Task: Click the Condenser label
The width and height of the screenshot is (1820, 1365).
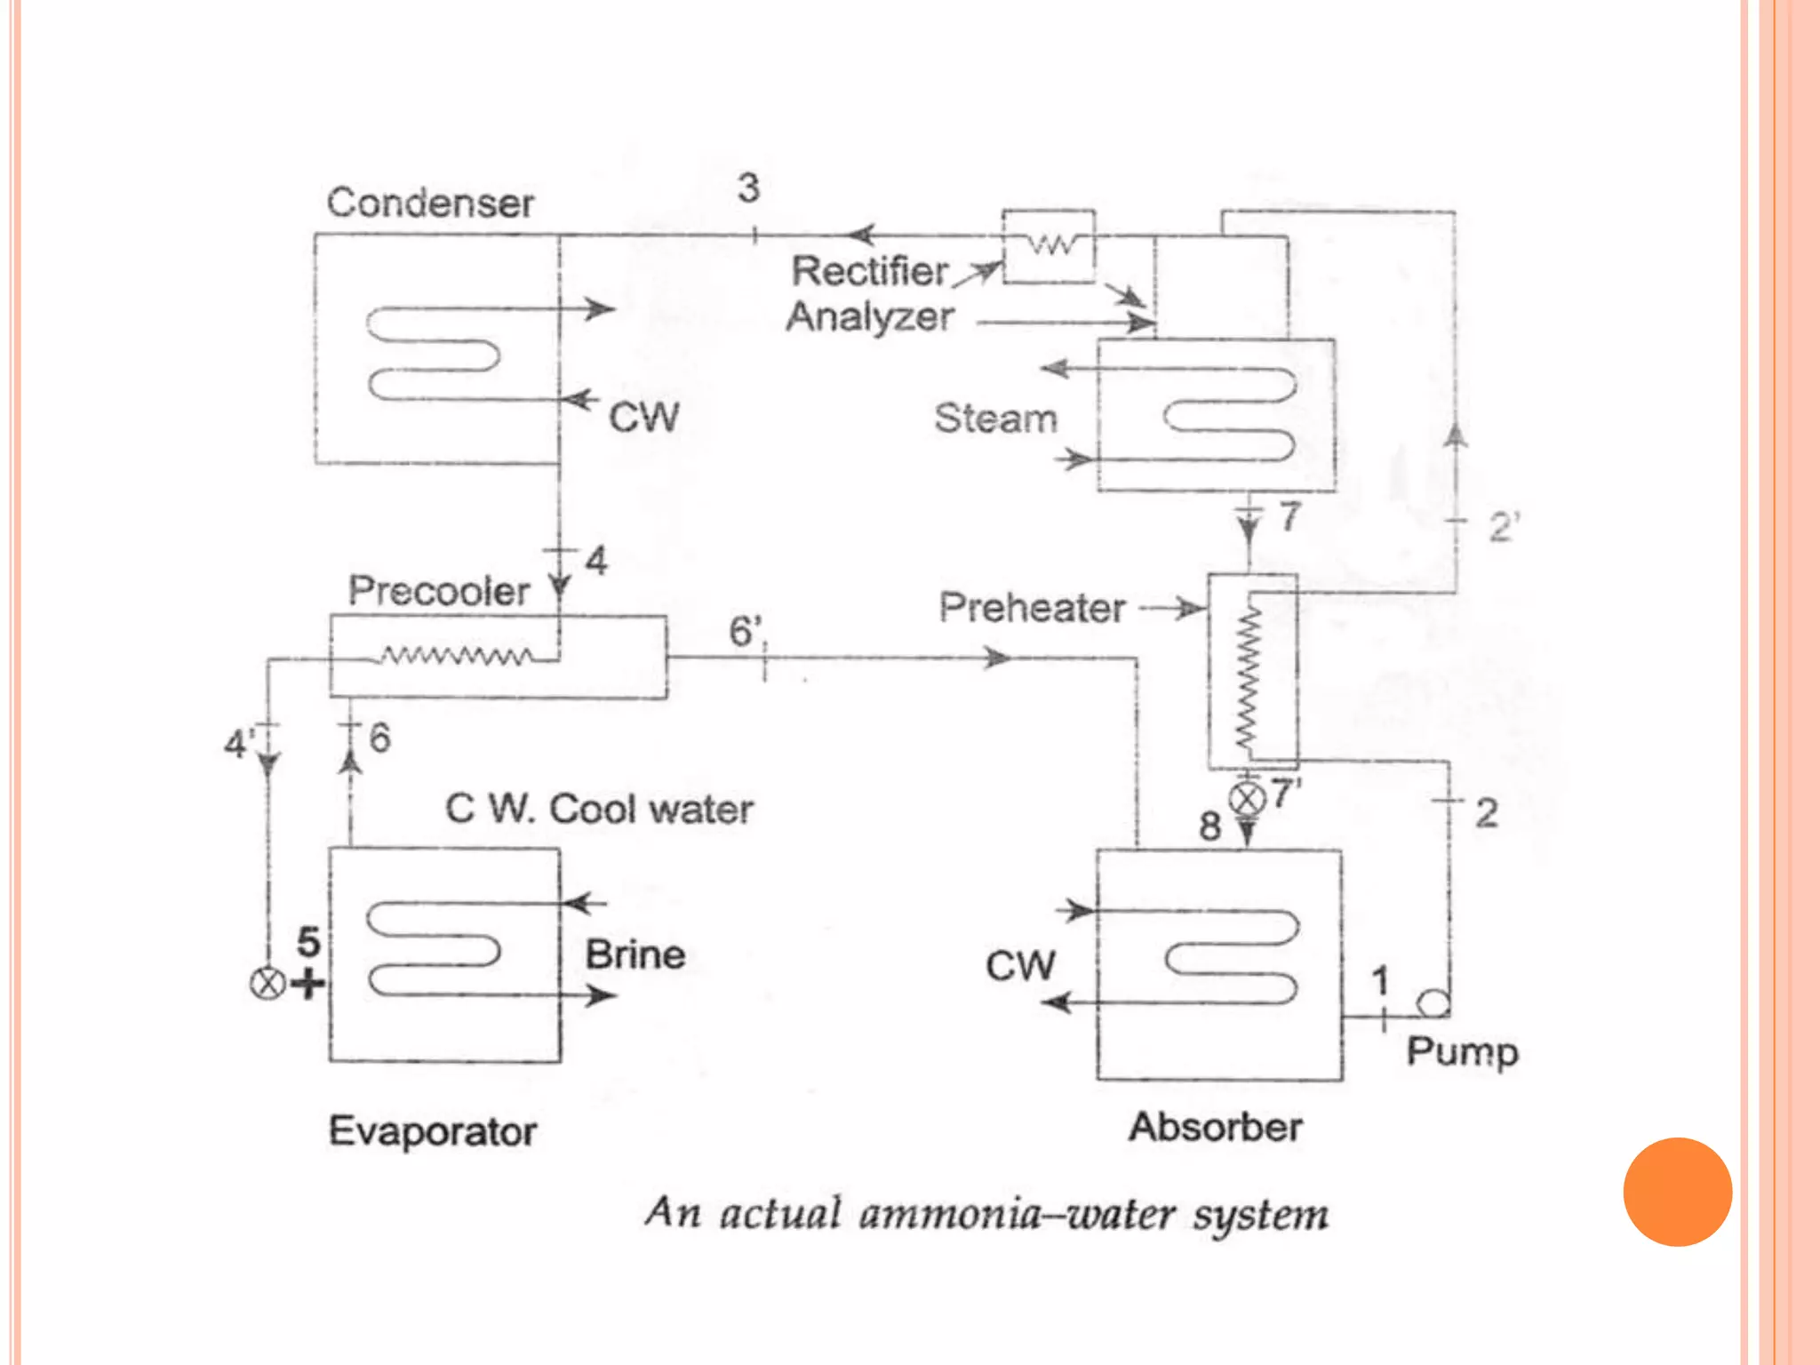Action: (x=430, y=204)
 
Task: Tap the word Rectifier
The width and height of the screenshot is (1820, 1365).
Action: (x=870, y=271)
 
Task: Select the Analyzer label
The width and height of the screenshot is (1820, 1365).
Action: (x=870, y=317)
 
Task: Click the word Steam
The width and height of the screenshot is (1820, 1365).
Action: (x=995, y=418)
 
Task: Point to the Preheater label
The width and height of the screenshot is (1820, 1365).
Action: (x=1032, y=608)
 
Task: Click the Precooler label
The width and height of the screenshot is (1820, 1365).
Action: (x=439, y=591)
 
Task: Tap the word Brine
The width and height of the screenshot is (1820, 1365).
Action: (x=635, y=955)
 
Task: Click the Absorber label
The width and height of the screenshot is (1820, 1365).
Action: (x=1215, y=1128)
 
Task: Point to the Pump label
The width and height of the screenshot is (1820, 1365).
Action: (x=1462, y=1052)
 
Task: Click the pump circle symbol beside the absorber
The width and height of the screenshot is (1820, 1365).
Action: (x=1433, y=1003)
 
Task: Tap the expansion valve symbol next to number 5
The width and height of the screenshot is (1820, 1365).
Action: (x=267, y=984)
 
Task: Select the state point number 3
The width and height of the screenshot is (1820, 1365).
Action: (x=748, y=188)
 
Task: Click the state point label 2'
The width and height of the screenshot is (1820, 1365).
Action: (x=1504, y=527)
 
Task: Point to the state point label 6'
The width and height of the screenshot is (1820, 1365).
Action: (x=746, y=631)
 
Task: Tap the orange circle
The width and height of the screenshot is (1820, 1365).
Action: (x=1677, y=1192)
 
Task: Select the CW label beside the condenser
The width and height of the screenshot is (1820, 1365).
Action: (x=643, y=417)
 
